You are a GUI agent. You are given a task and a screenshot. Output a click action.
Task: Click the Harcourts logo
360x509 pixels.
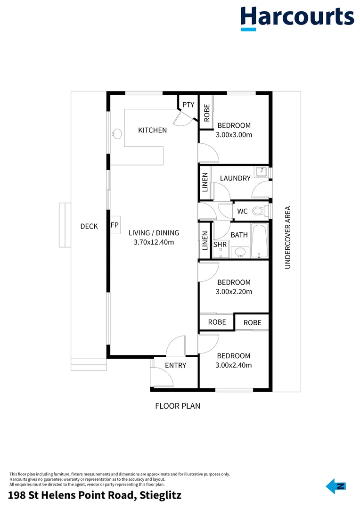[x=297, y=18]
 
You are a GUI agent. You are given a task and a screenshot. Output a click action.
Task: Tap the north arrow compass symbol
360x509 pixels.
[x=336, y=486]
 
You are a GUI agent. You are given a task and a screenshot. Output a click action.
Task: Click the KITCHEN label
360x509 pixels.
[x=153, y=130]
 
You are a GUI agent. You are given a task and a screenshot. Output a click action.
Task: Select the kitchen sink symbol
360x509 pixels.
[x=117, y=133]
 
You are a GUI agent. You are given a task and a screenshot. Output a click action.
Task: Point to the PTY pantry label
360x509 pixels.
[x=188, y=105]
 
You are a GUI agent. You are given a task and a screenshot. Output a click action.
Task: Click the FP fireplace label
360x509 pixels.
[x=115, y=225]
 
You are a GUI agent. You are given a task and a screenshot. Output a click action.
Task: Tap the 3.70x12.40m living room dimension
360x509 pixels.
[x=154, y=242]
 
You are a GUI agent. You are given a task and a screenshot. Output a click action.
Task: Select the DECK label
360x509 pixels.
[x=89, y=226]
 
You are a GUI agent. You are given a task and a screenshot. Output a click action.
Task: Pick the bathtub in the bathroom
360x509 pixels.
[x=260, y=240]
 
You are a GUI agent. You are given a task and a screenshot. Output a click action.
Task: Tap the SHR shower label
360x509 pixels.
[x=220, y=245]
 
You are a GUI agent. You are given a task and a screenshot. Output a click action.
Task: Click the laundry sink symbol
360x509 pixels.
[x=261, y=172]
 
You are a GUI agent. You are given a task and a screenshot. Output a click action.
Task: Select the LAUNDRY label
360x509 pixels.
[x=235, y=178]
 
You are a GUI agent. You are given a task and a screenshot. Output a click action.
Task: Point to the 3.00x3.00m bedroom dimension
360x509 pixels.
[x=234, y=135]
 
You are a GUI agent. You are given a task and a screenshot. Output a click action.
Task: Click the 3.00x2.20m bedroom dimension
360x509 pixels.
[x=234, y=292]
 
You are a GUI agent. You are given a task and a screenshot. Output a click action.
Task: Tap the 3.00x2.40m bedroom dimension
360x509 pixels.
[x=234, y=365]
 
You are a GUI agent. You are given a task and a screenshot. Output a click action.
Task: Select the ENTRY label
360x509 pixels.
[x=176, y=366]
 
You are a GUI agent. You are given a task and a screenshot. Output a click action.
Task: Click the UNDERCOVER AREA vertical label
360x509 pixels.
[x=287, y=238]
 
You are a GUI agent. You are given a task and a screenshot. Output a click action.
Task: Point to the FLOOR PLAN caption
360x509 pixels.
[x=178, y=406]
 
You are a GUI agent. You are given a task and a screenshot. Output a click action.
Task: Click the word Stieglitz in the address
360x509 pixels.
[x=160, y=495]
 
